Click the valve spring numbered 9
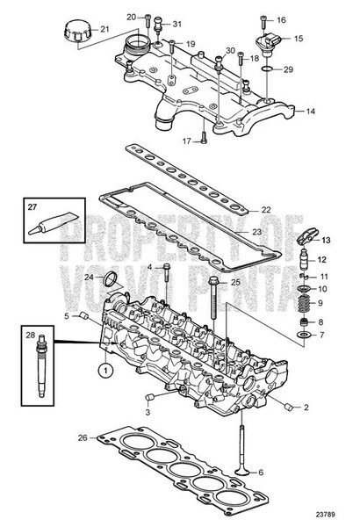tap(302, 304)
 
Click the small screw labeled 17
tap(202, 135)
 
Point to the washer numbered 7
tap(303, 336)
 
